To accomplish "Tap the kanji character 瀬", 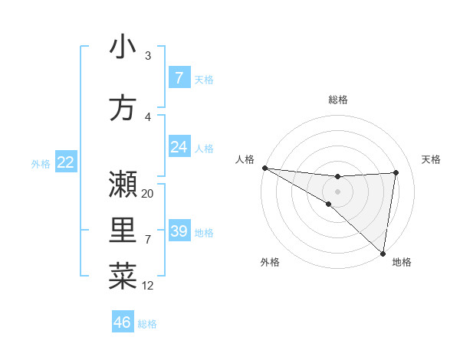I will [123, 184].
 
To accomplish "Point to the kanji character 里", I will [123, 231].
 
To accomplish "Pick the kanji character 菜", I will [123, 277].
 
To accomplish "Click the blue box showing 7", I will [179, 78].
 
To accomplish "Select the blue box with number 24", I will [179, 147].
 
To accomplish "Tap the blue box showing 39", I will [179, 231].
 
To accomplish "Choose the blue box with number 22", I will [65, 162].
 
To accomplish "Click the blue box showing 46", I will [123, 322].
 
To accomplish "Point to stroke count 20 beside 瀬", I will [148, 194].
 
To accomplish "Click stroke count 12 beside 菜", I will [148, 286].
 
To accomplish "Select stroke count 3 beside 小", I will [148, 56].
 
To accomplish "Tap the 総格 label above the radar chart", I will [338, 100].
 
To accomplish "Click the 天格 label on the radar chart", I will [431, 159].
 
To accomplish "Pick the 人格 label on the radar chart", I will [245, 159].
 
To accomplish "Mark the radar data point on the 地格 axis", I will [383, 253].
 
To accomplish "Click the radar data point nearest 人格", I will [264, 168].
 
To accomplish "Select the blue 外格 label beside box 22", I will [41, 163].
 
